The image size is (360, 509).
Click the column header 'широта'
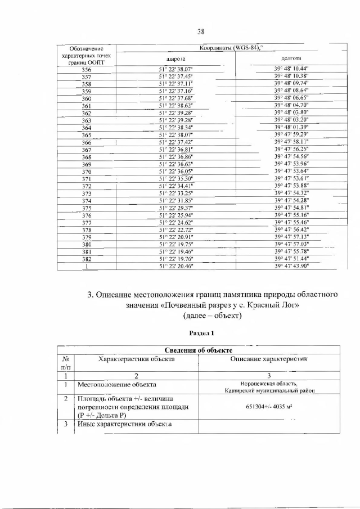[175, 58]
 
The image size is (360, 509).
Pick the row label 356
[87, 70]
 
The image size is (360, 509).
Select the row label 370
[87, 172]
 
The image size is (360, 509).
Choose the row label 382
[87, 259]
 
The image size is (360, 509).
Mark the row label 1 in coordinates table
[87, 267]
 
